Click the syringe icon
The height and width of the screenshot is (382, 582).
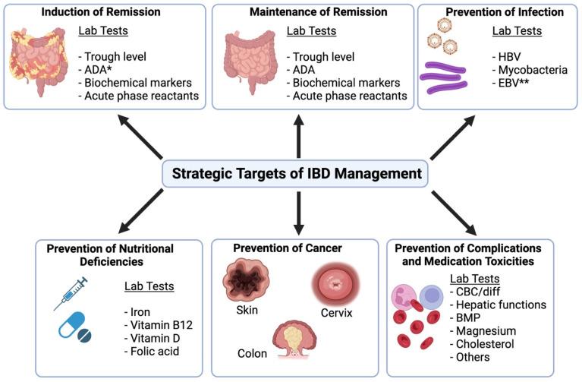click(71, 292)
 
